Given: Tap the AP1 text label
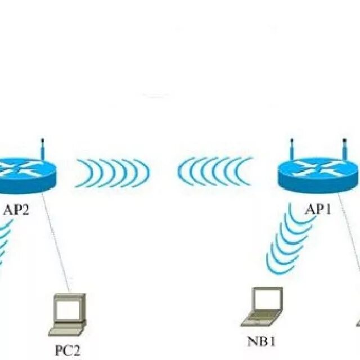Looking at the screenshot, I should tap(318, 210).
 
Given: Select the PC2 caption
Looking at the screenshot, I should tap(67, 350).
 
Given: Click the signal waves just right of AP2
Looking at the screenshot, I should tap(112, 173).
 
